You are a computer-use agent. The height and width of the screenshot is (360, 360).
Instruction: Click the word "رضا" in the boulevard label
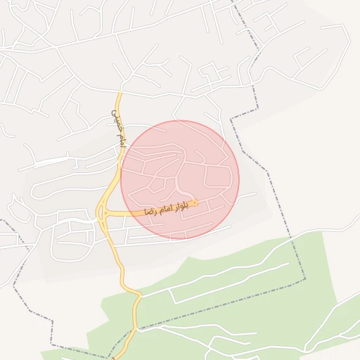(150, 210)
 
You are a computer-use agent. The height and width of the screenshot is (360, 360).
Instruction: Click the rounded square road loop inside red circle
(218, 177)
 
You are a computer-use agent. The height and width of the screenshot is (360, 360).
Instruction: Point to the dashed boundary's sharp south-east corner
(305, 280)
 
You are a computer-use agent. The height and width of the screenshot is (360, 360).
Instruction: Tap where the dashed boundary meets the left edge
(2, 220)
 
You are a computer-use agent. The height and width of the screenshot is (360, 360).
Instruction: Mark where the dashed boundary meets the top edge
(236, 2)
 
